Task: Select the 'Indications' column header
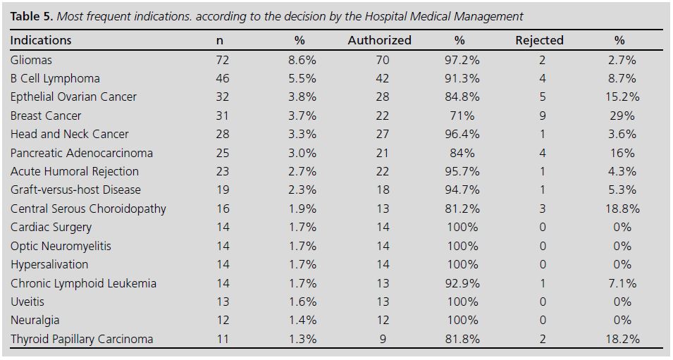tap(41, 41)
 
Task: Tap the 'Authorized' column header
tap(379, 41)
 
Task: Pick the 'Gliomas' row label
tap(32, 60)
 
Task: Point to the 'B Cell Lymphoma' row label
tap(55, 78)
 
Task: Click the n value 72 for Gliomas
tap(222, 60)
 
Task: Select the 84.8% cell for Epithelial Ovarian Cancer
tap(462, 97)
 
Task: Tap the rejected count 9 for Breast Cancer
tap(542, 116)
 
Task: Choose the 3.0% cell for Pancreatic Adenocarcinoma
tap(302, 153)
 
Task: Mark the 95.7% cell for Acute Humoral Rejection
tap(462, 171)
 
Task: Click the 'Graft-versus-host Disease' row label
tap(75, 190)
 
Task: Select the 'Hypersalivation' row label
tap(49, 264)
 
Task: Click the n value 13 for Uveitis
tap(222, 302)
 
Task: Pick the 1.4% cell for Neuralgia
tap(302, 320)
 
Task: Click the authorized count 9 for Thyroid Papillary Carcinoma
tap(383, 339)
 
